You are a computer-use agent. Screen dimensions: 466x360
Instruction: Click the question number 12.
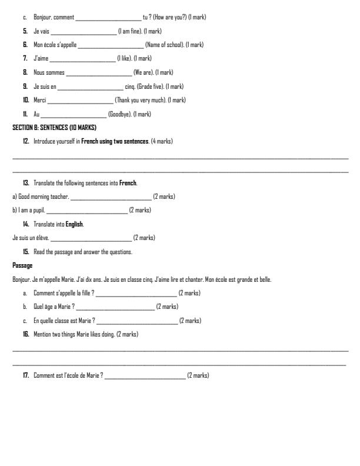point(26,141)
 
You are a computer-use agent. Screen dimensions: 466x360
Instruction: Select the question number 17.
point(26,375)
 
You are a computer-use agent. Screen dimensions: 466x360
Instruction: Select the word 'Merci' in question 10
point(40,100)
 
